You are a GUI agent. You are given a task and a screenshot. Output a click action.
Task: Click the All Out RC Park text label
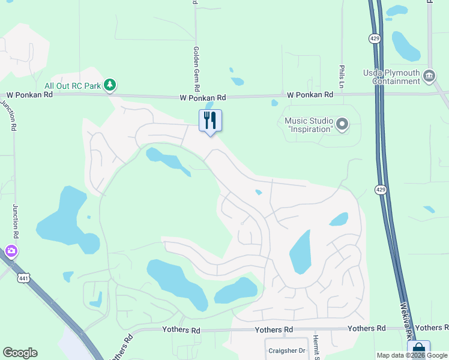point(71,86)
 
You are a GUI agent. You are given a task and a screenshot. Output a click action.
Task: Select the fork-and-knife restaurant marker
point(210,121)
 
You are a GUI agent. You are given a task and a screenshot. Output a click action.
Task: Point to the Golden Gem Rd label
point(196,69)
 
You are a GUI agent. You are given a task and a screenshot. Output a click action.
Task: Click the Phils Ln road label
point(341,74)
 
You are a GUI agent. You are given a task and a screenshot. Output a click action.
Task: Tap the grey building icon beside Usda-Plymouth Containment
point(429,76)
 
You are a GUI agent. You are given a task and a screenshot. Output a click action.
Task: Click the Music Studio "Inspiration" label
point(309,125)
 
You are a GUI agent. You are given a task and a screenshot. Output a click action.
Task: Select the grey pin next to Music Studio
point(342,125)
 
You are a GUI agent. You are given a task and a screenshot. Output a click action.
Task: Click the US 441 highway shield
point(23,278)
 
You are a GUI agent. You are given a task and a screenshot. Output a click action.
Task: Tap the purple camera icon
point(10,251)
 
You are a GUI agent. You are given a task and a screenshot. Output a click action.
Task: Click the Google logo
point(20,353)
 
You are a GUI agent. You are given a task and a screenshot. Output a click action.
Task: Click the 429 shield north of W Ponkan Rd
point(375,38)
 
